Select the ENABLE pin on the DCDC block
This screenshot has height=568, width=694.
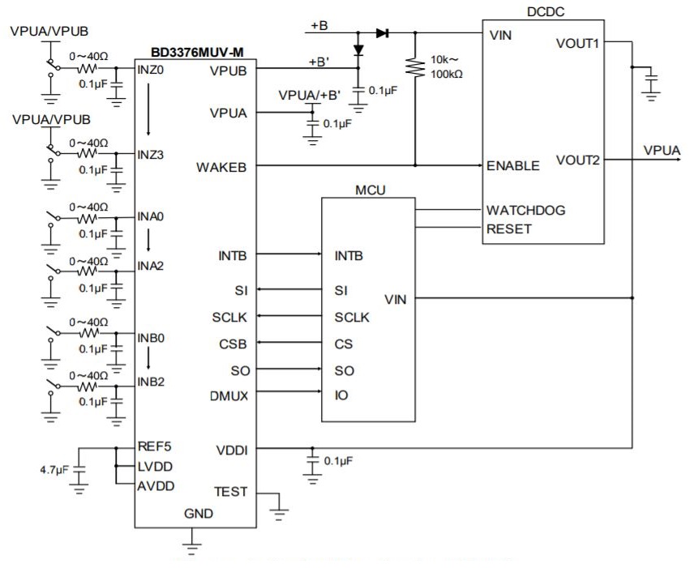point(512,165)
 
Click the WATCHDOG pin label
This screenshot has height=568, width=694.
point(525,210)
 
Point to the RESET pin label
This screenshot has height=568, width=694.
point(508,228)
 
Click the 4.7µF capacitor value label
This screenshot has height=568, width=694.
point(54,470)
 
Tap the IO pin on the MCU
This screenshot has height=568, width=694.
point(341,395)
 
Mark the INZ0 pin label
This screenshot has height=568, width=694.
point(152,70)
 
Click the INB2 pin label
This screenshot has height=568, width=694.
point(152,382)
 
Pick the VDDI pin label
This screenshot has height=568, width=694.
point(233,448)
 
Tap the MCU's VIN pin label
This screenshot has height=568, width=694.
point(396,299)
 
